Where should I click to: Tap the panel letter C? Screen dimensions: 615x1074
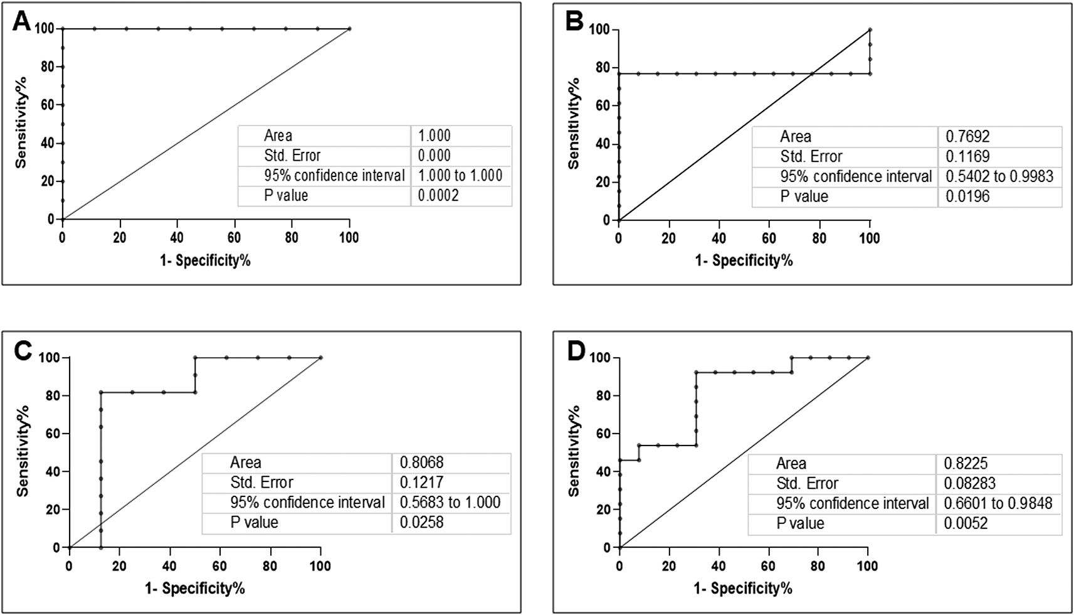(22, 351)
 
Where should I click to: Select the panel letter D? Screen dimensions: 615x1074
(576, 351)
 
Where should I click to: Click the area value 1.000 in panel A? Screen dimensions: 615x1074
(434, 136)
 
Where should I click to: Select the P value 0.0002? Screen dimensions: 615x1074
(438, 196)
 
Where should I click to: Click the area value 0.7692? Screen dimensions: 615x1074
(967, 136)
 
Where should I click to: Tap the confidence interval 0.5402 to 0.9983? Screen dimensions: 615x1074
(999, 176)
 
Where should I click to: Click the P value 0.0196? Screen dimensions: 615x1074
(967, 196)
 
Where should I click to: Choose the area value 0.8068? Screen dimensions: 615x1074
(421, 463)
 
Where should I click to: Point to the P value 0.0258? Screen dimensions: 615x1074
(421, 522)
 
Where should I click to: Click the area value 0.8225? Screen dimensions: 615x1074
(966, 464)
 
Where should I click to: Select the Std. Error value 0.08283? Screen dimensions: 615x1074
(969, 484)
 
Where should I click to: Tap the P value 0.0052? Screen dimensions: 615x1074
(966, 523)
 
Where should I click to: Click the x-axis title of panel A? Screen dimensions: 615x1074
(205, 260)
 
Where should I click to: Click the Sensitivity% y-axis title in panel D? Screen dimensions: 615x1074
(574, 452)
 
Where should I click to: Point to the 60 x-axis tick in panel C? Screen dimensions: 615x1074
(220, 566)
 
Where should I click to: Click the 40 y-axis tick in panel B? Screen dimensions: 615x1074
(602, 144)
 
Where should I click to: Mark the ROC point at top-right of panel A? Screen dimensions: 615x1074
(349, 29)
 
